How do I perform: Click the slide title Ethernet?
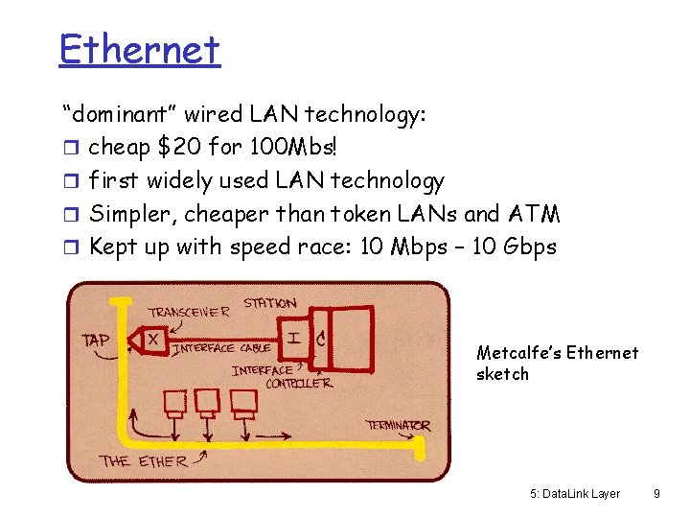point(139,48)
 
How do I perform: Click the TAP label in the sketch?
point(97,339)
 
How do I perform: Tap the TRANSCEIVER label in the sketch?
point(189,311)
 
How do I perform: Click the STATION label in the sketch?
point(269,303)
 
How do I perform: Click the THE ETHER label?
point(145,460)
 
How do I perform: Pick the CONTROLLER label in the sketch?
point(298,383)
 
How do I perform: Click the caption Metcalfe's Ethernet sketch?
point(556,363)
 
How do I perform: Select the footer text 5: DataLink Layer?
point(574,494)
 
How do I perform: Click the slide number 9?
point(656,494)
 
